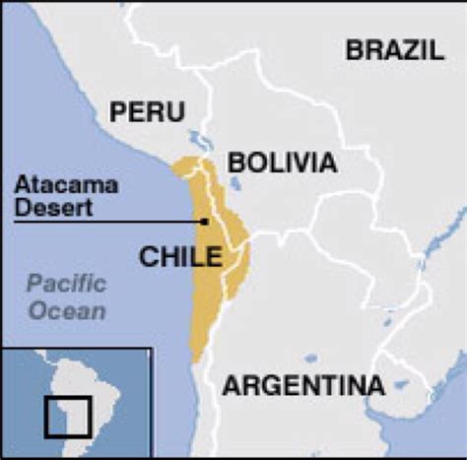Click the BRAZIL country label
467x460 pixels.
(x=394, y=50)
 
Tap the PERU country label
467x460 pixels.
(x=147, y=111)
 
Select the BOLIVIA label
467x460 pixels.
(x=281, y=163)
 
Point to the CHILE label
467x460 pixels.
(x=179, y=257)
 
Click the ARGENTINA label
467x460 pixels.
(x=302, y=384)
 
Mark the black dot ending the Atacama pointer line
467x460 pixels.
(x=205, y=222)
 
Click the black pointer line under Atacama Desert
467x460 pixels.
(x=108, y=222)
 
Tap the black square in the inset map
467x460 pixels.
(x=68, y=415)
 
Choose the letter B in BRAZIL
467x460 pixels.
(x=354, y=50)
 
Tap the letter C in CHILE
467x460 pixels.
(x=147, y=257)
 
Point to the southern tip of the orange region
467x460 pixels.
(x=195, y=359)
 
